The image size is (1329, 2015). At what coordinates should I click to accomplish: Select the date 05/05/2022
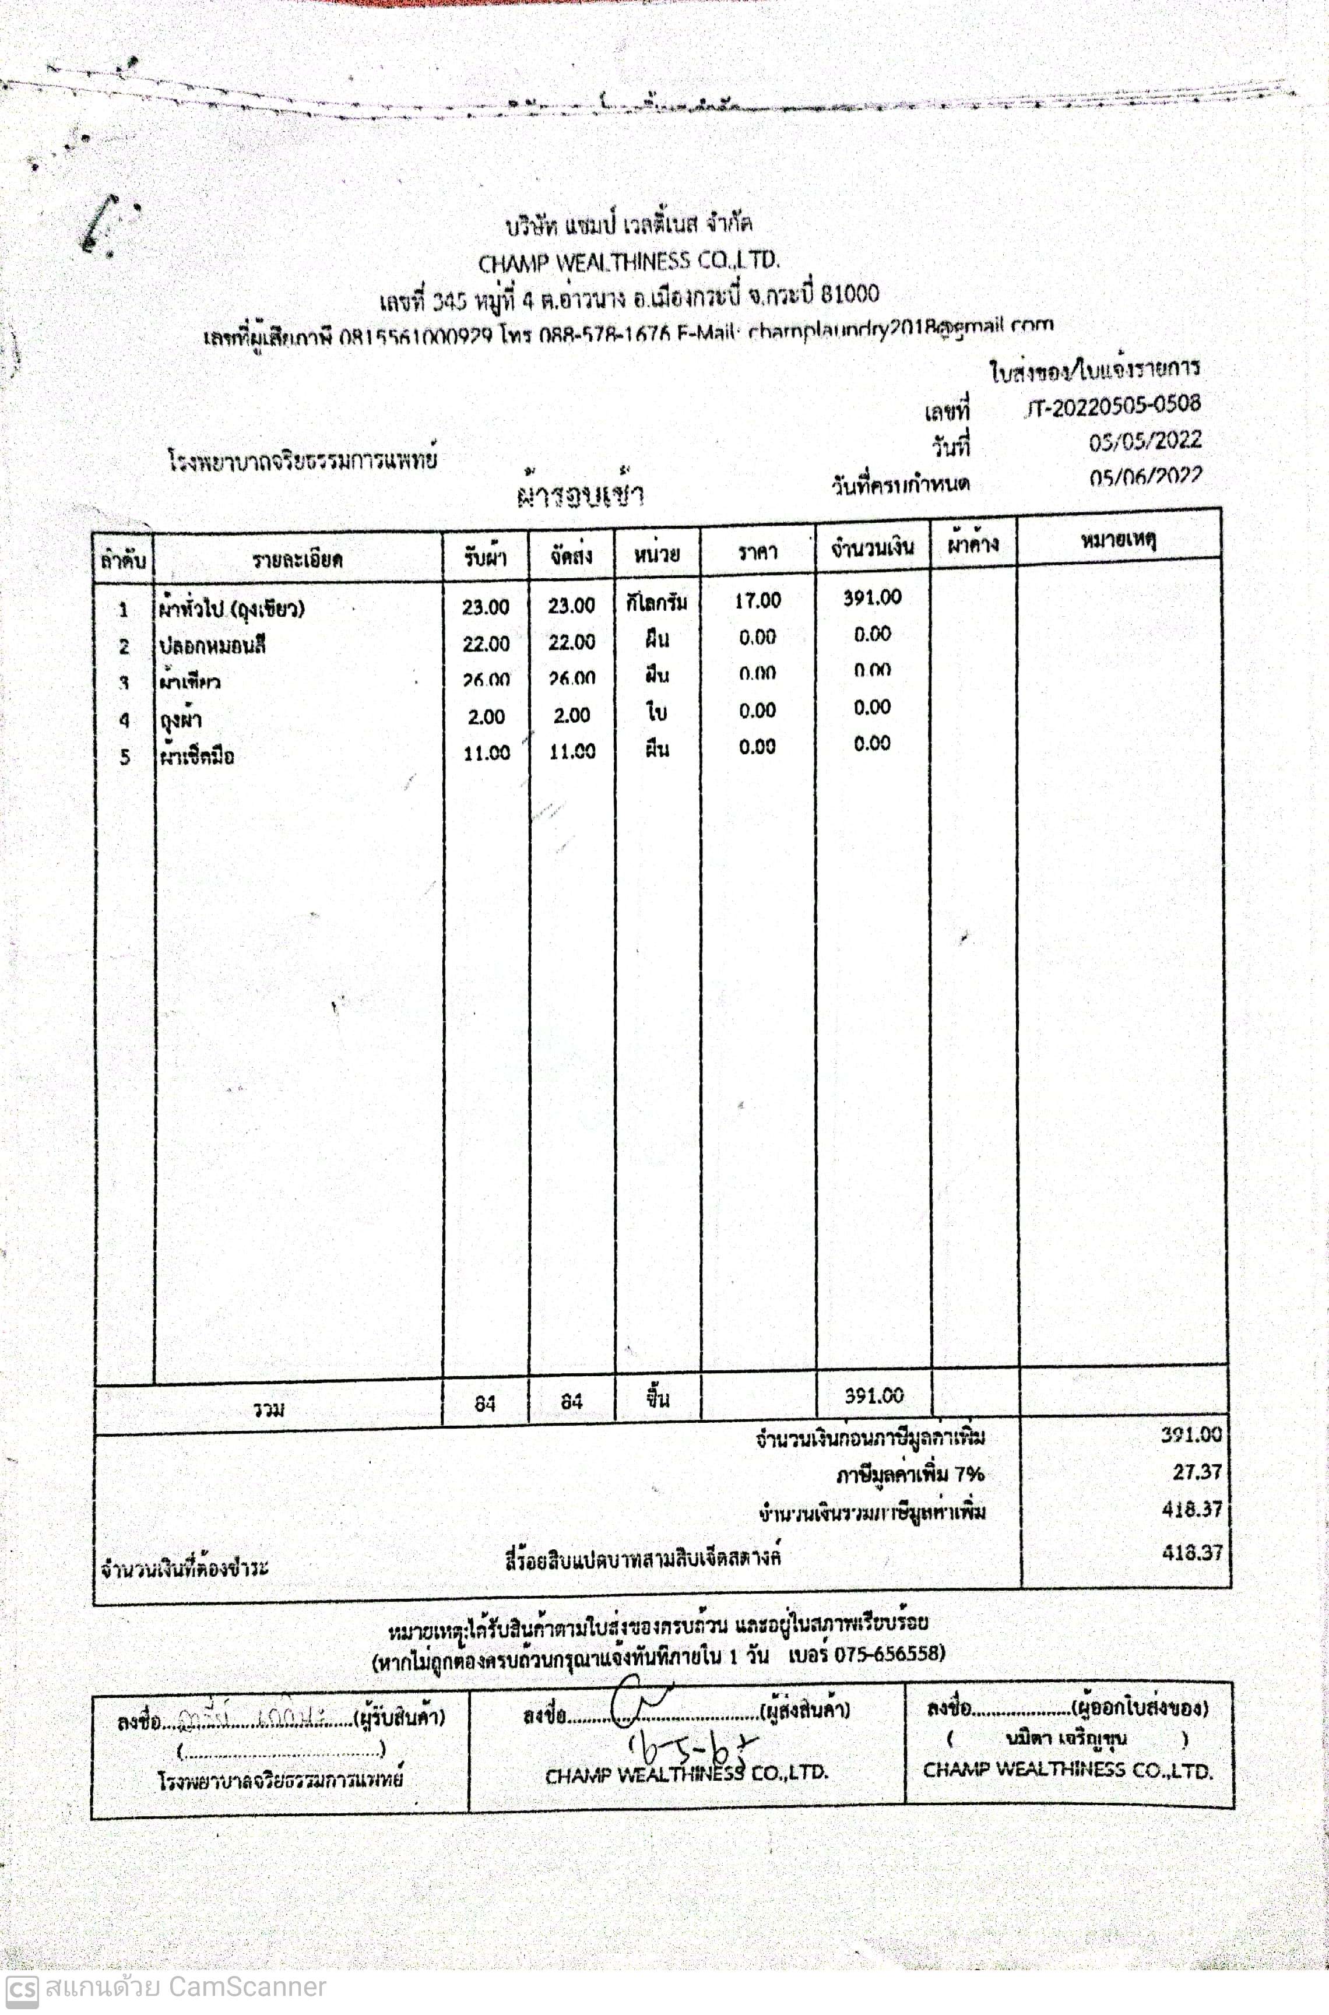[x=1144, y=441]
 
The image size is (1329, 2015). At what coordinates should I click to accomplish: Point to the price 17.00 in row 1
[x=757, y=601]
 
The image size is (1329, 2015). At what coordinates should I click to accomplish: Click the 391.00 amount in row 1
[x=871, y=597]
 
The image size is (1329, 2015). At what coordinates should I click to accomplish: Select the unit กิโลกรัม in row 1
[x=657, y=603]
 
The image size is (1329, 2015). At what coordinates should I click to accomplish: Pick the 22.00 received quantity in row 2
[x=486, y=643]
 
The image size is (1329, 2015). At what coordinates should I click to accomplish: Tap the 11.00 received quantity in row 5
[x=486, y=752]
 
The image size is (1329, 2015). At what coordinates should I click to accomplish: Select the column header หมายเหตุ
[x=1118, y=539]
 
